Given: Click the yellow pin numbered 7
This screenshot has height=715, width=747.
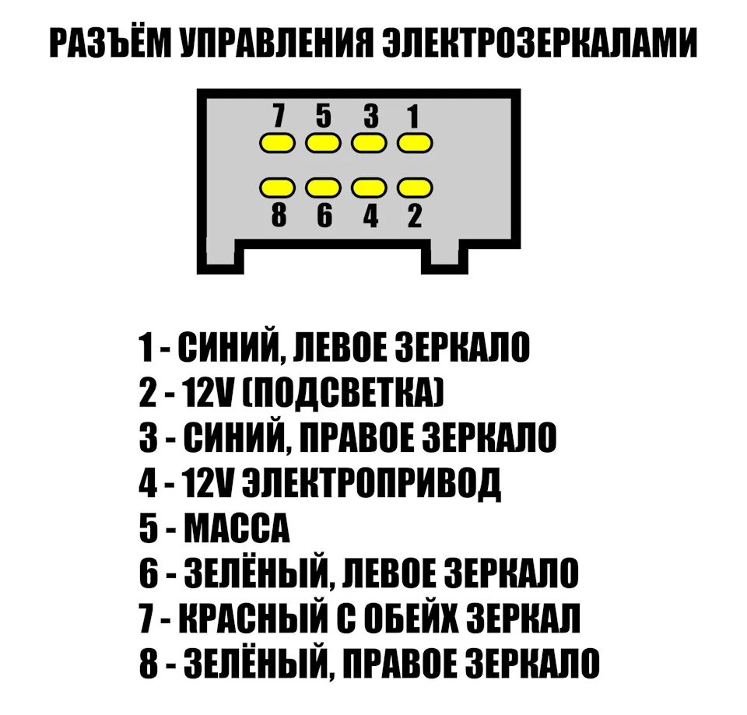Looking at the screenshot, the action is coord(277,143).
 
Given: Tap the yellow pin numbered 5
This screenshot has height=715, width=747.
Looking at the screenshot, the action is coord(323,143).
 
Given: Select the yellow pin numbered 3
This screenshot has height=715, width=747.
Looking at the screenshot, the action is coord(369,143).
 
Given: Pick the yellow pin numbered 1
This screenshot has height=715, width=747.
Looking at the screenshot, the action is coord(415,143).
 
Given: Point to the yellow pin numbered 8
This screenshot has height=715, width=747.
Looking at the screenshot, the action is coord(277,188).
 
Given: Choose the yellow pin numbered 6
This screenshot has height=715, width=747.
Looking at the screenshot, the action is coord(323,188).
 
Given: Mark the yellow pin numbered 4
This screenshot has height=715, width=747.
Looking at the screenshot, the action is coord(369,188).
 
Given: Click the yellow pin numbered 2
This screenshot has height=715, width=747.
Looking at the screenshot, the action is coord(415,188).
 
